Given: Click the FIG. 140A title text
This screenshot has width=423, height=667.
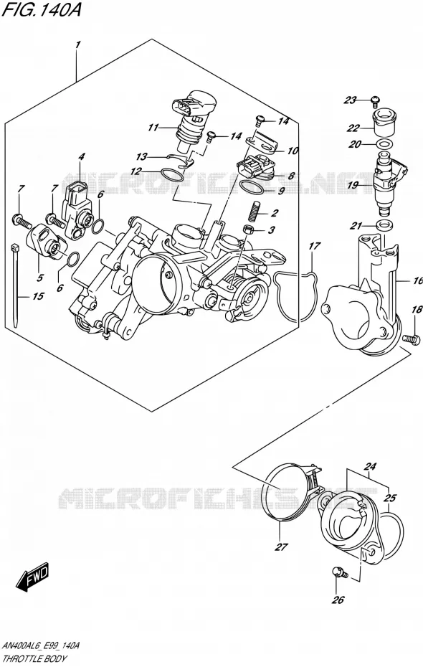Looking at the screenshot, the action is coord(42,10).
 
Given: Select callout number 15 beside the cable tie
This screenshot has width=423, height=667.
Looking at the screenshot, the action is coord(38,295).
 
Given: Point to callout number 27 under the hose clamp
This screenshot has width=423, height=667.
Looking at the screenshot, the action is coord(282,547).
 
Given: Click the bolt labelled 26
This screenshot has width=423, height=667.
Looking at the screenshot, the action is coord(341,573).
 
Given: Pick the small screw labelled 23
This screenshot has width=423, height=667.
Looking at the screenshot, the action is coord(374,100).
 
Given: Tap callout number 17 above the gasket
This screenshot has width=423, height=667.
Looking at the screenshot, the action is coord(314,245).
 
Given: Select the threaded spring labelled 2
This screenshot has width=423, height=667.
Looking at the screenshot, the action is coord(257,210).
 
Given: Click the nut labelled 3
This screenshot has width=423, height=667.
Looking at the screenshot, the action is coord(247,230).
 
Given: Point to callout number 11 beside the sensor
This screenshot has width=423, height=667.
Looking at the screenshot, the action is coord(153,127).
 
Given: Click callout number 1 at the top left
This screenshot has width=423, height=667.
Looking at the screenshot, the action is coord(78,45).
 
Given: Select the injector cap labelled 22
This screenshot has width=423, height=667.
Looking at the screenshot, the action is coord(384,120).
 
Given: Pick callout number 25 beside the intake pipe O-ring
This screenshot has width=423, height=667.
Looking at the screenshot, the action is coord(390,497).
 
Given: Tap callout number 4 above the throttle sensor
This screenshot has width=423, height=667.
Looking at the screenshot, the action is coord(81,157).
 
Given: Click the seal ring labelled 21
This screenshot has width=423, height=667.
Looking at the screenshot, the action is coord(384,225).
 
